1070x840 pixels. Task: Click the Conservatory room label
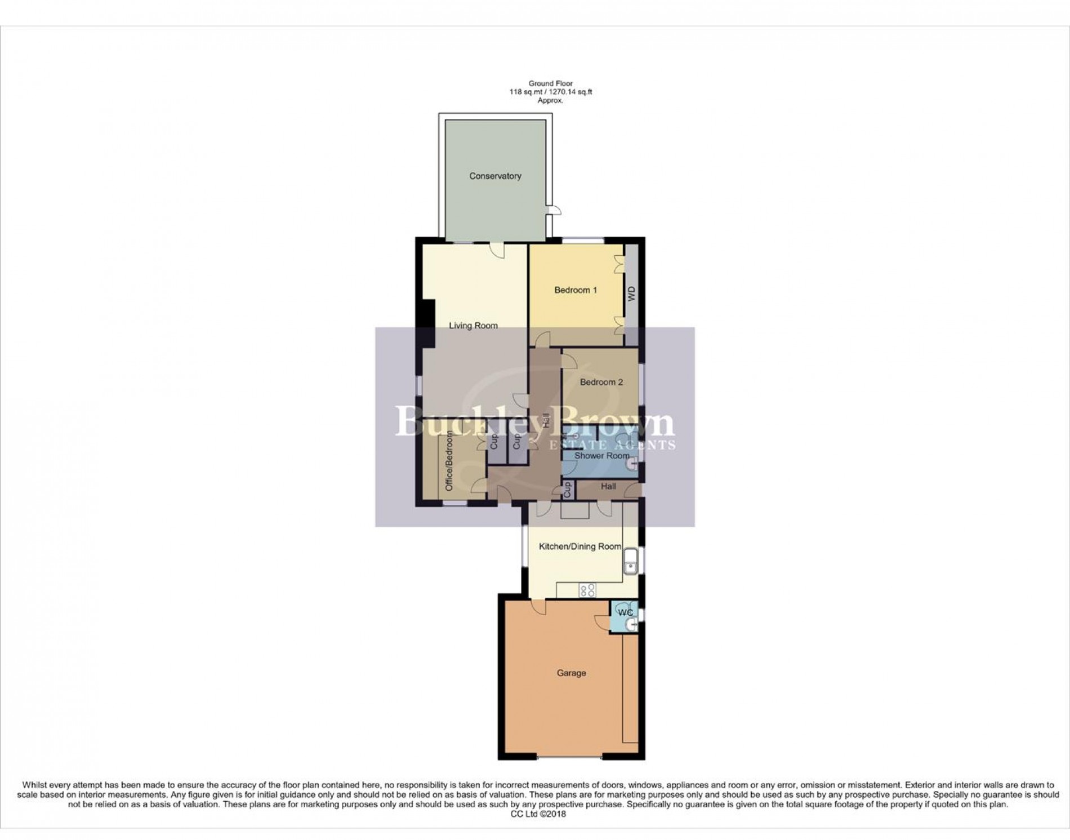click(x=495, y=176)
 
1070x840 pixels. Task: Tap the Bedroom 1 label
click(x=576, y=290)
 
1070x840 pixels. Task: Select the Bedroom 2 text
click(x=601, y=382)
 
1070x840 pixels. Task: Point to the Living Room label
click(x=473, y=326)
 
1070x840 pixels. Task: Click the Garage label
click(x=571, y=673)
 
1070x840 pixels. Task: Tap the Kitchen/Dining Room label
click(x=580, y=546)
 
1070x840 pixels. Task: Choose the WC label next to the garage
click(x=625, y=612)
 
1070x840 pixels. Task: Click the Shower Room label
click(x=601, y=456)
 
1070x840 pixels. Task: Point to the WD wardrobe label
click(x=631, y=294)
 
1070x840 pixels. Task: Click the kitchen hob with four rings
click(x=587, y=590)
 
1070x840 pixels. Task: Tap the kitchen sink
click(x=631, y=561)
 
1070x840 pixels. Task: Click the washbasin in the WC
click(x=632, y=624)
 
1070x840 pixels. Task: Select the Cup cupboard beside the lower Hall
click(x=567, y=489)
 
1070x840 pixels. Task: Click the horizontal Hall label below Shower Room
click(x=608, y=486)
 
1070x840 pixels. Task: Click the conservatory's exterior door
click(x=555, y=211)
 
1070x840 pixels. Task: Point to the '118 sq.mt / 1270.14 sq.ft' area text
click(x=550, y=92)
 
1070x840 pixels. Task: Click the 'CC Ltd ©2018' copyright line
click(x=535, y=814)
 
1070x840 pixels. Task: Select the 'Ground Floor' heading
click(x=550, y=83)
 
